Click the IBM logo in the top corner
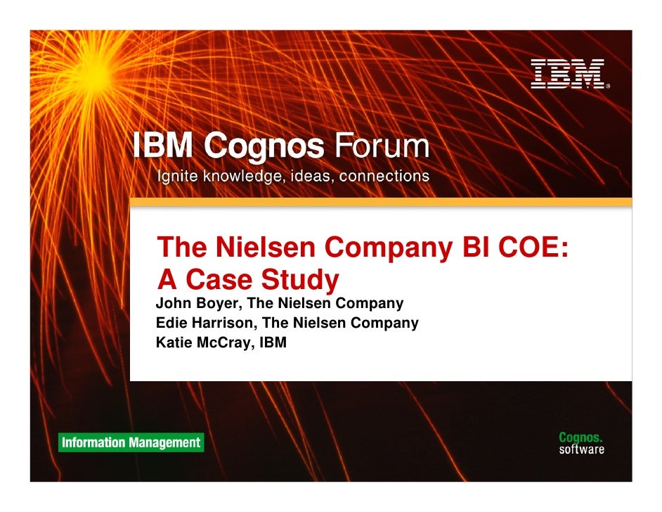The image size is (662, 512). (568, 74)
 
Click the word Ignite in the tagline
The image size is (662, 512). (177, 175)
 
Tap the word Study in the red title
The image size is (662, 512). (300, 280)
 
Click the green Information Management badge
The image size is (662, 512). (131, 442)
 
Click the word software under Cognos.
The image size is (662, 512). (581, 449)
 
